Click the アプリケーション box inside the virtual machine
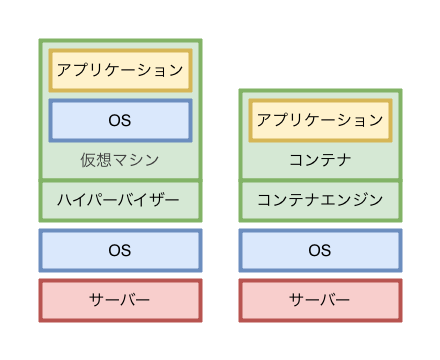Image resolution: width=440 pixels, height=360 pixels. point(120,70)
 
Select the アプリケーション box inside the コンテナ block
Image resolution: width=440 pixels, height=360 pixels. point(320,120)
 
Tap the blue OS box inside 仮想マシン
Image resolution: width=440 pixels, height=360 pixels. point(120,120)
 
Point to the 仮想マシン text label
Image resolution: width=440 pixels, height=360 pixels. point(120,160)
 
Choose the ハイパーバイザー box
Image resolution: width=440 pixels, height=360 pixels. point(120,200)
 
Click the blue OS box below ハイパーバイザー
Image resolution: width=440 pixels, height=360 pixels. point(120,250)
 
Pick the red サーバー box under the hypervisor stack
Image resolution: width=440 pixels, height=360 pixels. point(120,300)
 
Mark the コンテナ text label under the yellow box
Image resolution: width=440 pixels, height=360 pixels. point(320,160)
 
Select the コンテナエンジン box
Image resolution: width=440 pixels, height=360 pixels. point(320,200)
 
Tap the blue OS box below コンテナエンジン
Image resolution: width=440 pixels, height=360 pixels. point(320,250)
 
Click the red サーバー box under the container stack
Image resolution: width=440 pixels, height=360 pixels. point(320,300)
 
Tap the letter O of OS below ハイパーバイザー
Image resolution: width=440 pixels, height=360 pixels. point(114,250)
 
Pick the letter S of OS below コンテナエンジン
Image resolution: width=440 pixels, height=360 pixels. point(326,250)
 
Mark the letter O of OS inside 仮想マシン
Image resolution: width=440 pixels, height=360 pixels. point(114,120)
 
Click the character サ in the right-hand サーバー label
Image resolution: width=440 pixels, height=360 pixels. point(297,300)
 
